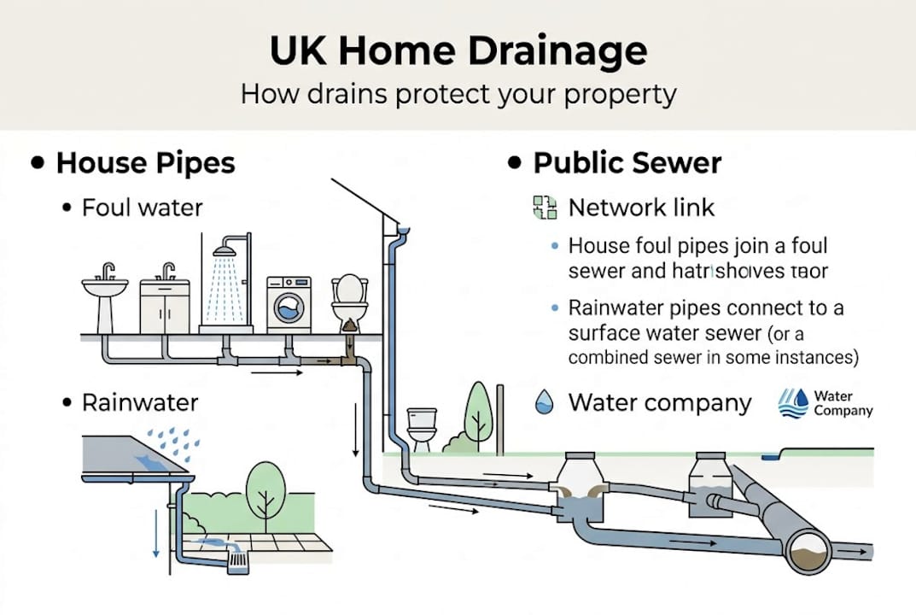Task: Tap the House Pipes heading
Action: (x=145, y=162)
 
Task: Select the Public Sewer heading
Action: (x=627, y=162)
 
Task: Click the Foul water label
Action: (x=143, y=208)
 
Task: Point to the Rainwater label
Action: (x=140, y=402)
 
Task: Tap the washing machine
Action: (x=289, y=303)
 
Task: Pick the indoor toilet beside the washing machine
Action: (x=349, y=299)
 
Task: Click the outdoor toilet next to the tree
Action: (x=421, y=429)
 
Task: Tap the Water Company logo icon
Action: (x=793, y=403)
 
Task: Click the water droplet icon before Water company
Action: (x=543, y=402)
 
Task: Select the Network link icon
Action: (x=544, y=208)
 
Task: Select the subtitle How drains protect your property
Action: (x=458, y=93)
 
